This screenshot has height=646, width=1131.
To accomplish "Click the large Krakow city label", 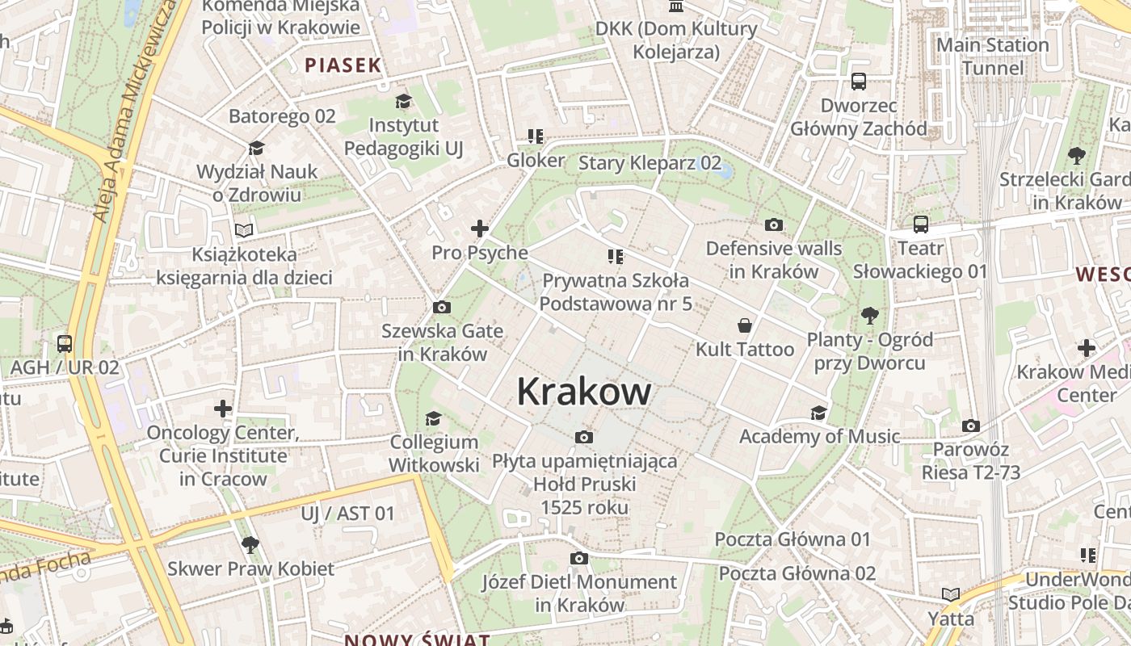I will coord(583,392).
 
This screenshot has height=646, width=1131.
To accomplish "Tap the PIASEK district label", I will coord(343,65).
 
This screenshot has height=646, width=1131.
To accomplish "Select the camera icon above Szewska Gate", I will coord(441,307).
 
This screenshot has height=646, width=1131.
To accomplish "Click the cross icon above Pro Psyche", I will coord(480,229).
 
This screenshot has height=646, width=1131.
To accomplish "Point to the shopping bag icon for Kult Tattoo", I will coord(744,325).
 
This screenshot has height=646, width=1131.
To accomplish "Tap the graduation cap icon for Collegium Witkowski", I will coord(434,418).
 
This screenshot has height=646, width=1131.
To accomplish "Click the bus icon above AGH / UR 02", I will coord(65,344).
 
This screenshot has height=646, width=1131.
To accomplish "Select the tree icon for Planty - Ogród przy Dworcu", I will coord(869,315).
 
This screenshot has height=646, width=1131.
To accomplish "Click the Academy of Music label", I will coord(819,437).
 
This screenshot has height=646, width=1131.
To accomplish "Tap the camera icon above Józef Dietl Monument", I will coord(578,558).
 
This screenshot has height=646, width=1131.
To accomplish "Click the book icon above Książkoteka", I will coord(244,230).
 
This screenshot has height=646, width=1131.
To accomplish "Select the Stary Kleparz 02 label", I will coord(650,163).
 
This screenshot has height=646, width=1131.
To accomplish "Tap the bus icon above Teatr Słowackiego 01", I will coord(920,224).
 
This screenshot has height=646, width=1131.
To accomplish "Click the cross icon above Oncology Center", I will coord(223,409).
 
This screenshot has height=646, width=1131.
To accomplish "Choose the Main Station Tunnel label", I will coord(992,57).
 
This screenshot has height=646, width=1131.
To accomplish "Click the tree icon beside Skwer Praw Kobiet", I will coord(250,544).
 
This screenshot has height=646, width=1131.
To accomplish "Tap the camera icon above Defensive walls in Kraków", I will coord(773,224).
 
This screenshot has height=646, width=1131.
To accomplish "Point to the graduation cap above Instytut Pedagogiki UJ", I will coord(403,101).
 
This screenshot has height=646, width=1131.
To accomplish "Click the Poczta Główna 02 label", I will coord(797,573).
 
